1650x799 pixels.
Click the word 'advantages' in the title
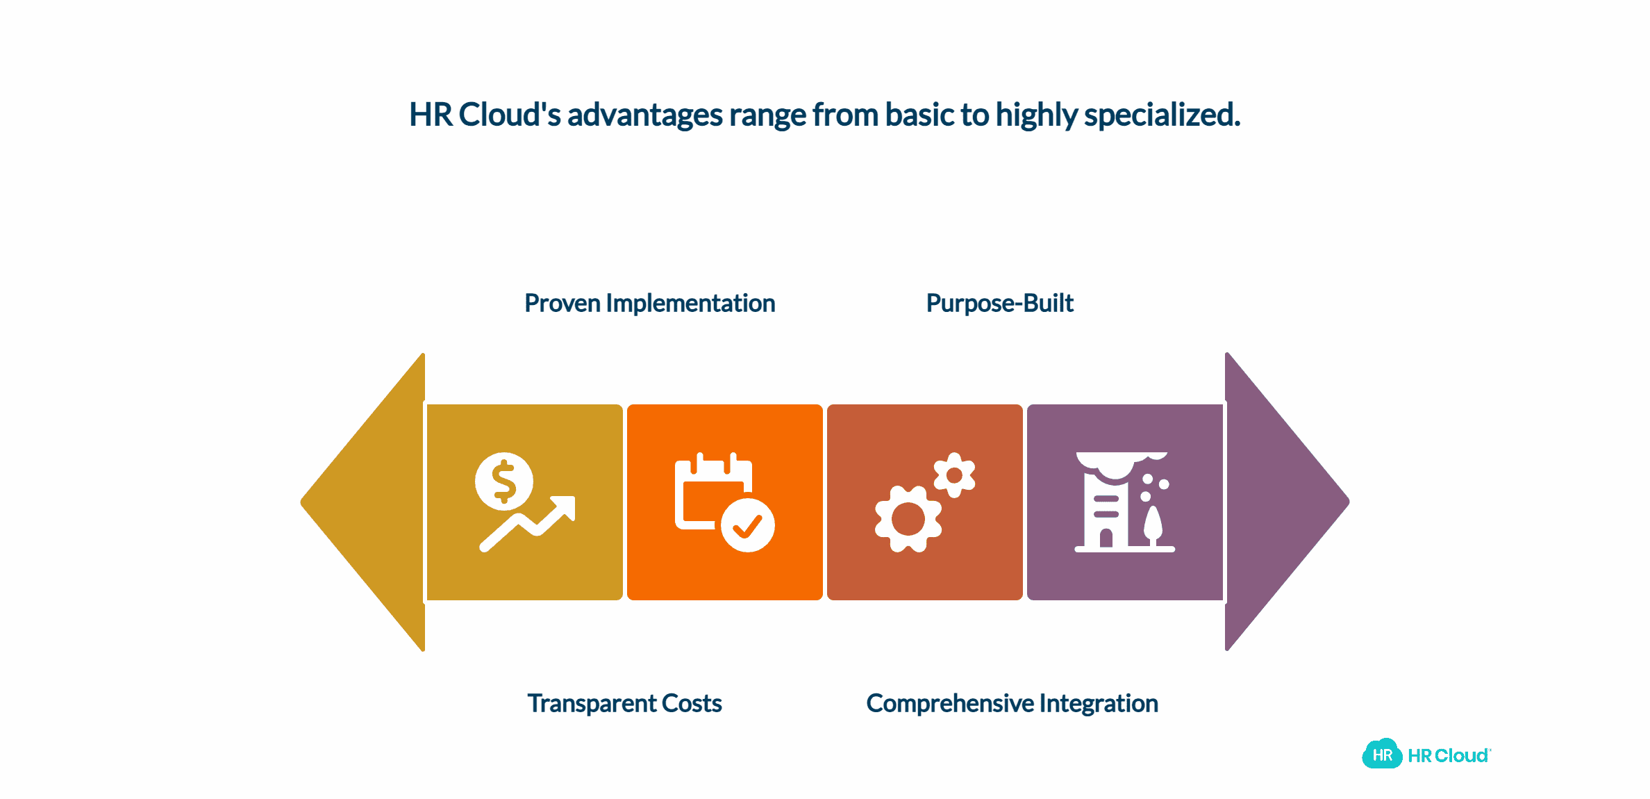click(644, 115)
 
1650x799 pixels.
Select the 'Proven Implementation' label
click(649, 304)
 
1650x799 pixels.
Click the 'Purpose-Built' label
click(999, 304)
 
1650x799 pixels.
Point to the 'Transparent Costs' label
click(624, 703)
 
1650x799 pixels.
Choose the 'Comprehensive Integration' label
click(1012, 703)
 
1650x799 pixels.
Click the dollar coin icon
click(504, 481)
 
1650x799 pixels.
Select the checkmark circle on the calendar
click(747, 525)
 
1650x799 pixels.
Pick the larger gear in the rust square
click(908, 519)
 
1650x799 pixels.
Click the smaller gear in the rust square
click(954, 475)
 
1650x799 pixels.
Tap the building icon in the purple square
click(1107, 504)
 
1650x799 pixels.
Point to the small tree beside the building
click(1153, 526)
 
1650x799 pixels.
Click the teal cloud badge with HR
click(1382, 755)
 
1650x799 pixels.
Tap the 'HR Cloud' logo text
click(1448, 756)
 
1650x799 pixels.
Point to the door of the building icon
click(1106, 538)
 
